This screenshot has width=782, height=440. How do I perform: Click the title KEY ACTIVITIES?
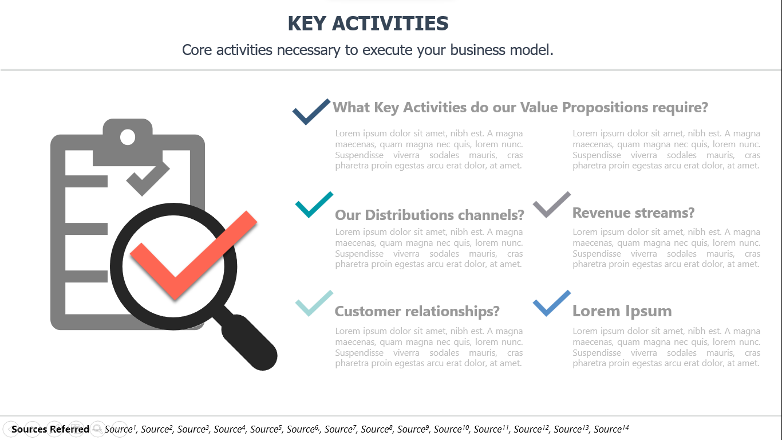coord(368,23)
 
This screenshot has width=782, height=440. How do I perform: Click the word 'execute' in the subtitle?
coord(387,50)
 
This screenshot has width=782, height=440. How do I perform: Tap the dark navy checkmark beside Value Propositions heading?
coord(311,112)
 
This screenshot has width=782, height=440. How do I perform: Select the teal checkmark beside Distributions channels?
coord(314,205)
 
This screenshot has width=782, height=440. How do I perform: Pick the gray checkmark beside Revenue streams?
coord(552,205)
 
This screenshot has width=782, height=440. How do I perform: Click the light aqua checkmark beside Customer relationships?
coord(314,303)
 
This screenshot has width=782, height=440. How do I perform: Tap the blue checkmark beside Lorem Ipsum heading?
coord(552,303)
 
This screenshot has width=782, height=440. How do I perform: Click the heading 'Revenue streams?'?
coord(633,213)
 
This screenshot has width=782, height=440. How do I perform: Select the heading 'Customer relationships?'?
coord(417,312)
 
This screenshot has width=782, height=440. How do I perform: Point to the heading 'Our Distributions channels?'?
coord(429,215)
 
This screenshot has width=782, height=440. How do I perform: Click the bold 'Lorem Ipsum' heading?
coord(622,311)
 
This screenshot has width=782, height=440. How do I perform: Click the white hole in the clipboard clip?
coord(128,137)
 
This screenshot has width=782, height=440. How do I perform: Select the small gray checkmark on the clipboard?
coord(148,178)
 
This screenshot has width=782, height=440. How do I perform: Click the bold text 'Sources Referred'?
coord(50,429)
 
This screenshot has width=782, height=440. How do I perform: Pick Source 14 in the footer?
coord(611,429)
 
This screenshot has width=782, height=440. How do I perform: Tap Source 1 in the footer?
coord(120,429)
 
